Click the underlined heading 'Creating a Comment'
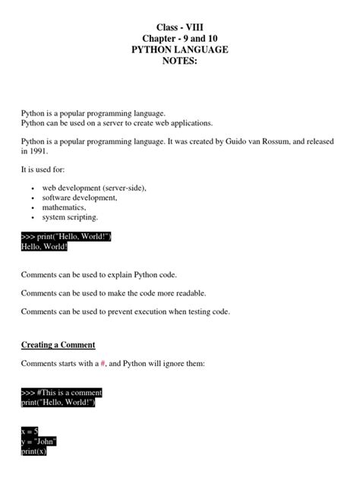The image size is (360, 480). click(63, 345)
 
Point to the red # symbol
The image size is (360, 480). click(103, 364)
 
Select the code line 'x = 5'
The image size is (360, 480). click(30, 431)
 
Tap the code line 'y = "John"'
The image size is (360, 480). click(39, 441)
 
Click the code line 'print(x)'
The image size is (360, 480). click(35, 450)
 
